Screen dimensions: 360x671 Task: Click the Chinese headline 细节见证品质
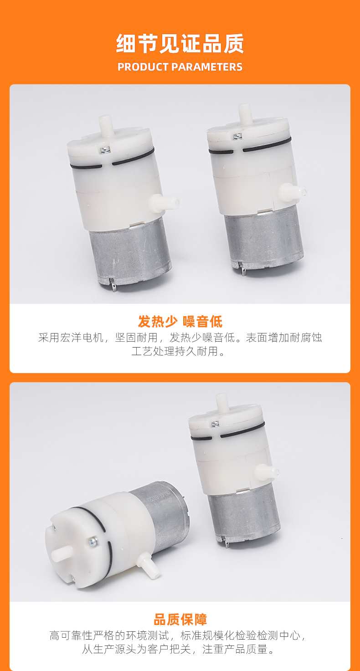(180, 44)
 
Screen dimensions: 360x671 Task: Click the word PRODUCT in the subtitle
(143, 67)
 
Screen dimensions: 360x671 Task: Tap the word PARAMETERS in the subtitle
(207, 67)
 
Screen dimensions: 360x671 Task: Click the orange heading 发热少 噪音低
(180, 322)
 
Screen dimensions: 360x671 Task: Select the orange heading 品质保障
(180, 620)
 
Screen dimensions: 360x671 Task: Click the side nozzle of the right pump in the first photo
(292, 190)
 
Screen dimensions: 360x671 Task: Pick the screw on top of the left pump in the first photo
(104, 149)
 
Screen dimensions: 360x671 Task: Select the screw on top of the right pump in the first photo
(237, 136)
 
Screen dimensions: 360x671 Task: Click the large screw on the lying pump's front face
(93, 541)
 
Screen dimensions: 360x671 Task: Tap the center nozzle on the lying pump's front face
(62, 553)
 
